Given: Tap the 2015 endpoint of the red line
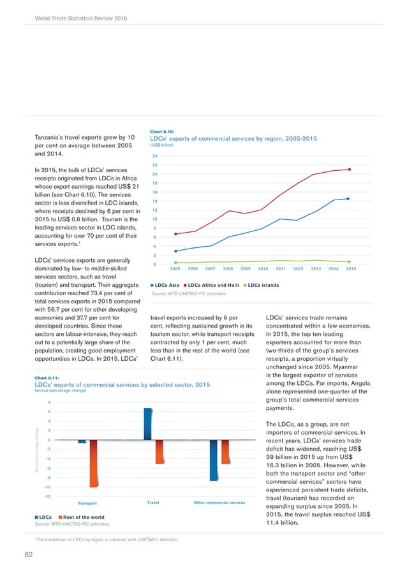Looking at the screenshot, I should [x=350, y=169].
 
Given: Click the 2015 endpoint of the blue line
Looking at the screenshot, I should [x=348, y=198].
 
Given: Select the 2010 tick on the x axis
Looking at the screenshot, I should [x=263, y=269].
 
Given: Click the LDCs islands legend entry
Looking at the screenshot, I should [x=263, y=284].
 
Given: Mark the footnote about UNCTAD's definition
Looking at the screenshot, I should [x=107, y=539].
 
